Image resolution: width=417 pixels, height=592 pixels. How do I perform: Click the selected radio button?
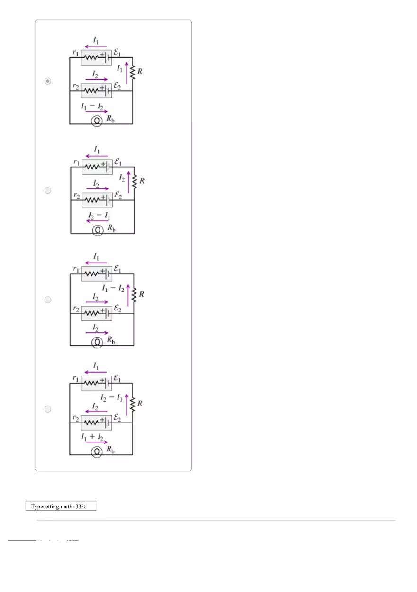(x=47, y=81)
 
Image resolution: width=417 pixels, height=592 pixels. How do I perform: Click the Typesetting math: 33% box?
(x=61, y=507)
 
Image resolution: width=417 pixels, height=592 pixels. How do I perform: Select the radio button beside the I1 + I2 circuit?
(x=47, y=409)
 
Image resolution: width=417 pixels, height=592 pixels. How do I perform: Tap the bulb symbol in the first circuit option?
(x=96, y=122)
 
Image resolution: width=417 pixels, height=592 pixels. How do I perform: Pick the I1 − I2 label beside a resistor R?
(x=113, y=288)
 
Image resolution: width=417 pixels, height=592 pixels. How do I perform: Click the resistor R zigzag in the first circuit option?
(x=133, y=72)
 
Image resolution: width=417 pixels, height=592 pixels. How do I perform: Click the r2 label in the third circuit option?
(x=75, y=309)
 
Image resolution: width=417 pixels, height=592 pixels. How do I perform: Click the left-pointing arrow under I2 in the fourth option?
(x=96, y=412)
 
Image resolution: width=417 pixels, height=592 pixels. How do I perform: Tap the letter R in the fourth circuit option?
(x=140, y=404)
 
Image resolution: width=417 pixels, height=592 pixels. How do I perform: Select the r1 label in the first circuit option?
(x=75, y=53)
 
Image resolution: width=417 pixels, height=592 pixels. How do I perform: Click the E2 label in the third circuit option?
(x=118, y=309)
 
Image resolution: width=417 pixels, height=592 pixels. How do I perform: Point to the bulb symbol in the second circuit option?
(x=98, y=231)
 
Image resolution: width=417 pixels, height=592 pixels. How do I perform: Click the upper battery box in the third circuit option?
(x=97, y=274)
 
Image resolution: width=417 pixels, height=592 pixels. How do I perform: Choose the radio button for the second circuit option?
(x=47, y=190)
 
